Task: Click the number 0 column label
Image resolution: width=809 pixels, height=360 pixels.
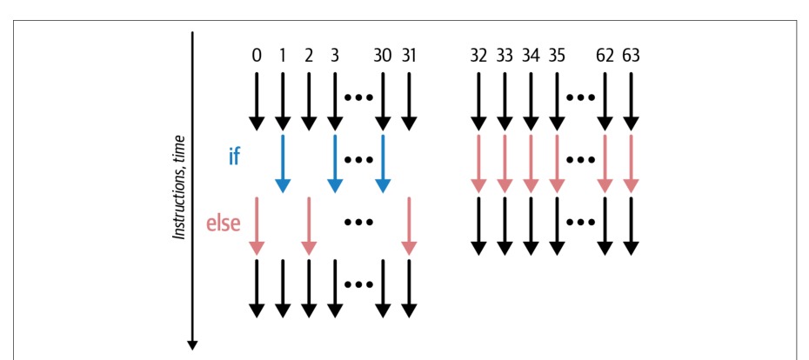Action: pos(257,55)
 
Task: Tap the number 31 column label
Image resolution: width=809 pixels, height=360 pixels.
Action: pos(409,55)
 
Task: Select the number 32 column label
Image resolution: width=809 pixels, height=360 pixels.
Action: pos(478,55)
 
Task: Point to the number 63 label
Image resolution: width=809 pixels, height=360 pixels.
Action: pos(631,55)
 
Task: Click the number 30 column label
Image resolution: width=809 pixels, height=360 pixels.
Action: pos(382,55)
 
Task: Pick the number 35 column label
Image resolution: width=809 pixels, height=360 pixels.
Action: pos(556,55)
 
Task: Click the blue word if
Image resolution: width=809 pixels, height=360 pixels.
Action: pos(234,156)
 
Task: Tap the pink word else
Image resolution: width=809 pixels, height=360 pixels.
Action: pos(224,223)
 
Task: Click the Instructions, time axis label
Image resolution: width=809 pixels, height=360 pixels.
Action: pos(178,188)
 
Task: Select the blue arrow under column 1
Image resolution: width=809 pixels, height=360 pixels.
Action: pos(283,163)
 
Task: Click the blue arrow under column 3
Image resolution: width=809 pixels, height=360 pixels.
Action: pos(335,163)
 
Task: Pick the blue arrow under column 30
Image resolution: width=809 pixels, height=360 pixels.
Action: pos(382,163)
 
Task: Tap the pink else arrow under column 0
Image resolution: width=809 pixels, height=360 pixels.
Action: pos(257,226)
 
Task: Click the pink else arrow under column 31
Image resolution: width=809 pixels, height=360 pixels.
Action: pos(409,226)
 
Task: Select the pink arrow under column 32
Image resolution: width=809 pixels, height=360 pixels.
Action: pos(478,163)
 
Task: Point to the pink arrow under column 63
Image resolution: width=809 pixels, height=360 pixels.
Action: pos(631,163)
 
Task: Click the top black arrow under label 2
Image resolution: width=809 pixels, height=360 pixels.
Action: pos(309,102)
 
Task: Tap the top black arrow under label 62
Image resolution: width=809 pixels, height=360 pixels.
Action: pos(605,102)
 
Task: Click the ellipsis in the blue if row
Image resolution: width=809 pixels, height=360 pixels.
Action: pos(358,160)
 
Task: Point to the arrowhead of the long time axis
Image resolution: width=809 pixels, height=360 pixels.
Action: pos(192,349)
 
